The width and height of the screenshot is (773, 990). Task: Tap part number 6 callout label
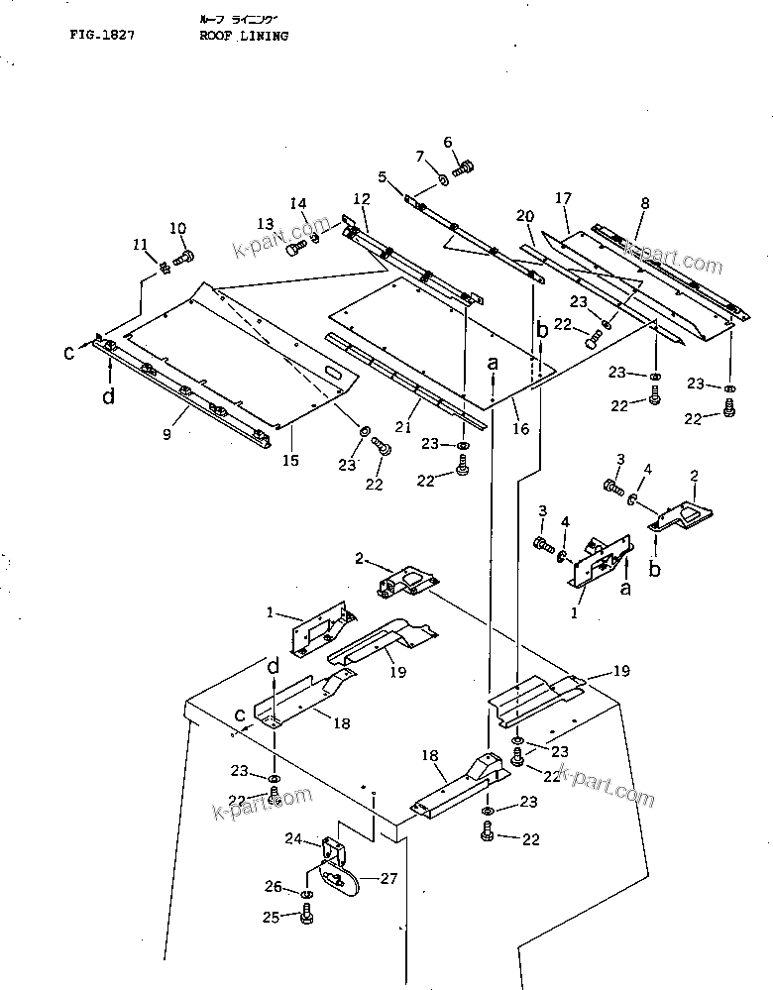(447, 143)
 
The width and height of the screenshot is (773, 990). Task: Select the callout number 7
(420, 156)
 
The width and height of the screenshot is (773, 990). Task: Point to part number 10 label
(178, 228)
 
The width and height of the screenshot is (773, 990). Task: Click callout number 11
(140, 244)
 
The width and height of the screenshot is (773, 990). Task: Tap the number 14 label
(298, 203)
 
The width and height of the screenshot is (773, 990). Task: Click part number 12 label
(361, 198)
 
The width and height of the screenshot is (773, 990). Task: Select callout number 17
(563, 199)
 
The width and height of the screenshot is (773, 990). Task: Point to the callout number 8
(645, 203)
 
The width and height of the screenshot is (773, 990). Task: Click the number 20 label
(525, 215)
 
